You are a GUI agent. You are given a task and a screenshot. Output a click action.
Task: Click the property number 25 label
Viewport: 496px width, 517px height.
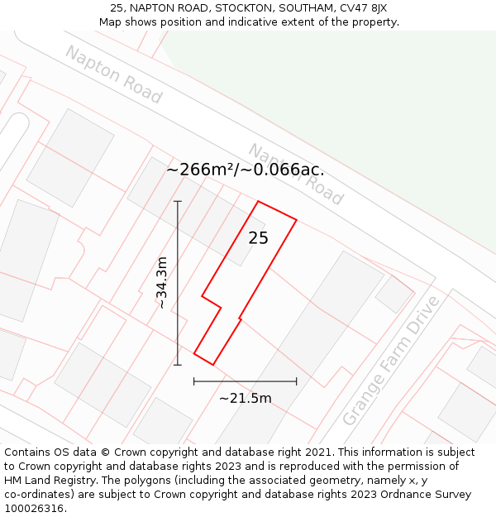click(x=259, y=238)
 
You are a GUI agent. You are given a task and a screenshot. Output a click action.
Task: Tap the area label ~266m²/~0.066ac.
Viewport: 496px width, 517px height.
click(x=246, y=170)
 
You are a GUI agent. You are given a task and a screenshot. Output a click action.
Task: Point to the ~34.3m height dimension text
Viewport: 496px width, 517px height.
click(x=162, y=283)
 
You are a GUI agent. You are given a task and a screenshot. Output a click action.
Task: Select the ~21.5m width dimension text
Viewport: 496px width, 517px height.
click(x=246, y=398)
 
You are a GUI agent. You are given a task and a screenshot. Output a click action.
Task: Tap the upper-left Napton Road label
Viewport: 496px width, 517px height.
click(x=113, y=74)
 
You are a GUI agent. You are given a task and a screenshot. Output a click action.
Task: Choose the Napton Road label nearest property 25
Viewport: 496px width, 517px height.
click(x=296, y=175)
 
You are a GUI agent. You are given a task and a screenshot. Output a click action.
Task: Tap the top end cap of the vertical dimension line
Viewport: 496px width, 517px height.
click(x=178, y=201)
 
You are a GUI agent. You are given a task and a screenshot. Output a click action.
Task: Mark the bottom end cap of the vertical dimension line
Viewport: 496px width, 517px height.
click(x=178, y=364)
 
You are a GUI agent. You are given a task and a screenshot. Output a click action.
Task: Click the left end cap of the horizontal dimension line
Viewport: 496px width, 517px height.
click(x=194, y=381)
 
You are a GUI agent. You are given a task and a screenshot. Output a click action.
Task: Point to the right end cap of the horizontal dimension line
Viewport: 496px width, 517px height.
click(x=296, y=381)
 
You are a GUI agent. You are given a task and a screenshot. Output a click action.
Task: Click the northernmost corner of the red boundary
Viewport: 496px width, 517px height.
click(x=259, y=201)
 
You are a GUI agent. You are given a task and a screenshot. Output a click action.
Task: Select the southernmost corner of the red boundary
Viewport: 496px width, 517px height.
click(x=212, y=364)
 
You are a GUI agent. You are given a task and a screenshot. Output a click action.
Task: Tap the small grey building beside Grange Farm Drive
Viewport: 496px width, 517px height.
click(x=393, y=294)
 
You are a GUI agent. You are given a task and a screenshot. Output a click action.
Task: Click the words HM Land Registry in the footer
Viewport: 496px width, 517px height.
click(x=46, y=481)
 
